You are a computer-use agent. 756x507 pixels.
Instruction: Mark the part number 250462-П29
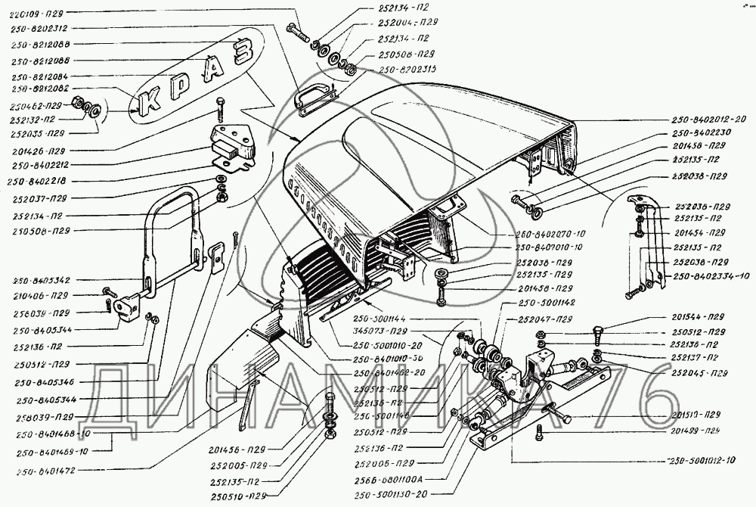(x=36, y=106)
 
